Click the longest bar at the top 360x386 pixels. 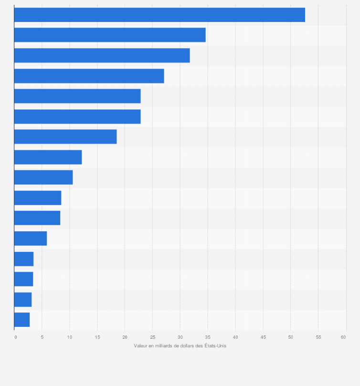coord(159,15)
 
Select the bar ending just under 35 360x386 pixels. coord(110,35)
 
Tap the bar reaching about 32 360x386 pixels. coord(102,55)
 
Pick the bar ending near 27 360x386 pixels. coord(89,76)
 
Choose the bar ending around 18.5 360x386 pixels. coord(65,136)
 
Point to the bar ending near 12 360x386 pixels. coord(48,157)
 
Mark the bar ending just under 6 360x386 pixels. coord(31,238)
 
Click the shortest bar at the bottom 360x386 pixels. coord(22,320)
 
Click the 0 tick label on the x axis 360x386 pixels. coord(15,337)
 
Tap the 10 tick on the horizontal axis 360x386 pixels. coord(69,337)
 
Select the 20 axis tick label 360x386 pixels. coord(125,337)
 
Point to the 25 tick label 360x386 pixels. coord(152,337)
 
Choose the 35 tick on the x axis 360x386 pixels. coord(208,337)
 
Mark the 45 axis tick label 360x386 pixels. coord(263,337)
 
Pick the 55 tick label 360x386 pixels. coord(318,337)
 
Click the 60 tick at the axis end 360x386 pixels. coord(343,337)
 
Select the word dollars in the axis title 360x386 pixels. coord(189,345)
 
